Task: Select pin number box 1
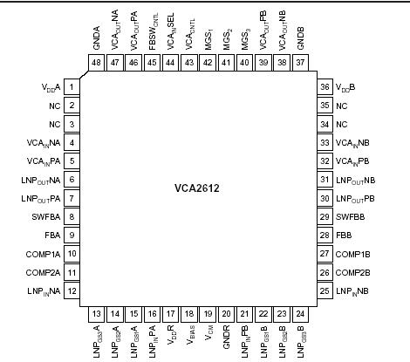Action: [x=72, y=87]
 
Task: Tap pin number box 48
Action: [x=96, y=64]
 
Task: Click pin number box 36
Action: [x=325, y=87]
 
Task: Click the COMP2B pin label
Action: [x=353, y=271]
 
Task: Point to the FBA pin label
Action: [x=51, y=234]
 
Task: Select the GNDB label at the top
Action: [x=302, y=40]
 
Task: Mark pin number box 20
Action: [x=228, y=313]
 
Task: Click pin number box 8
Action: [x=72, y=215]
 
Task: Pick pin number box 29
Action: [x=325, y=215]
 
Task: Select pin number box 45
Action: [x=152, y=64]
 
